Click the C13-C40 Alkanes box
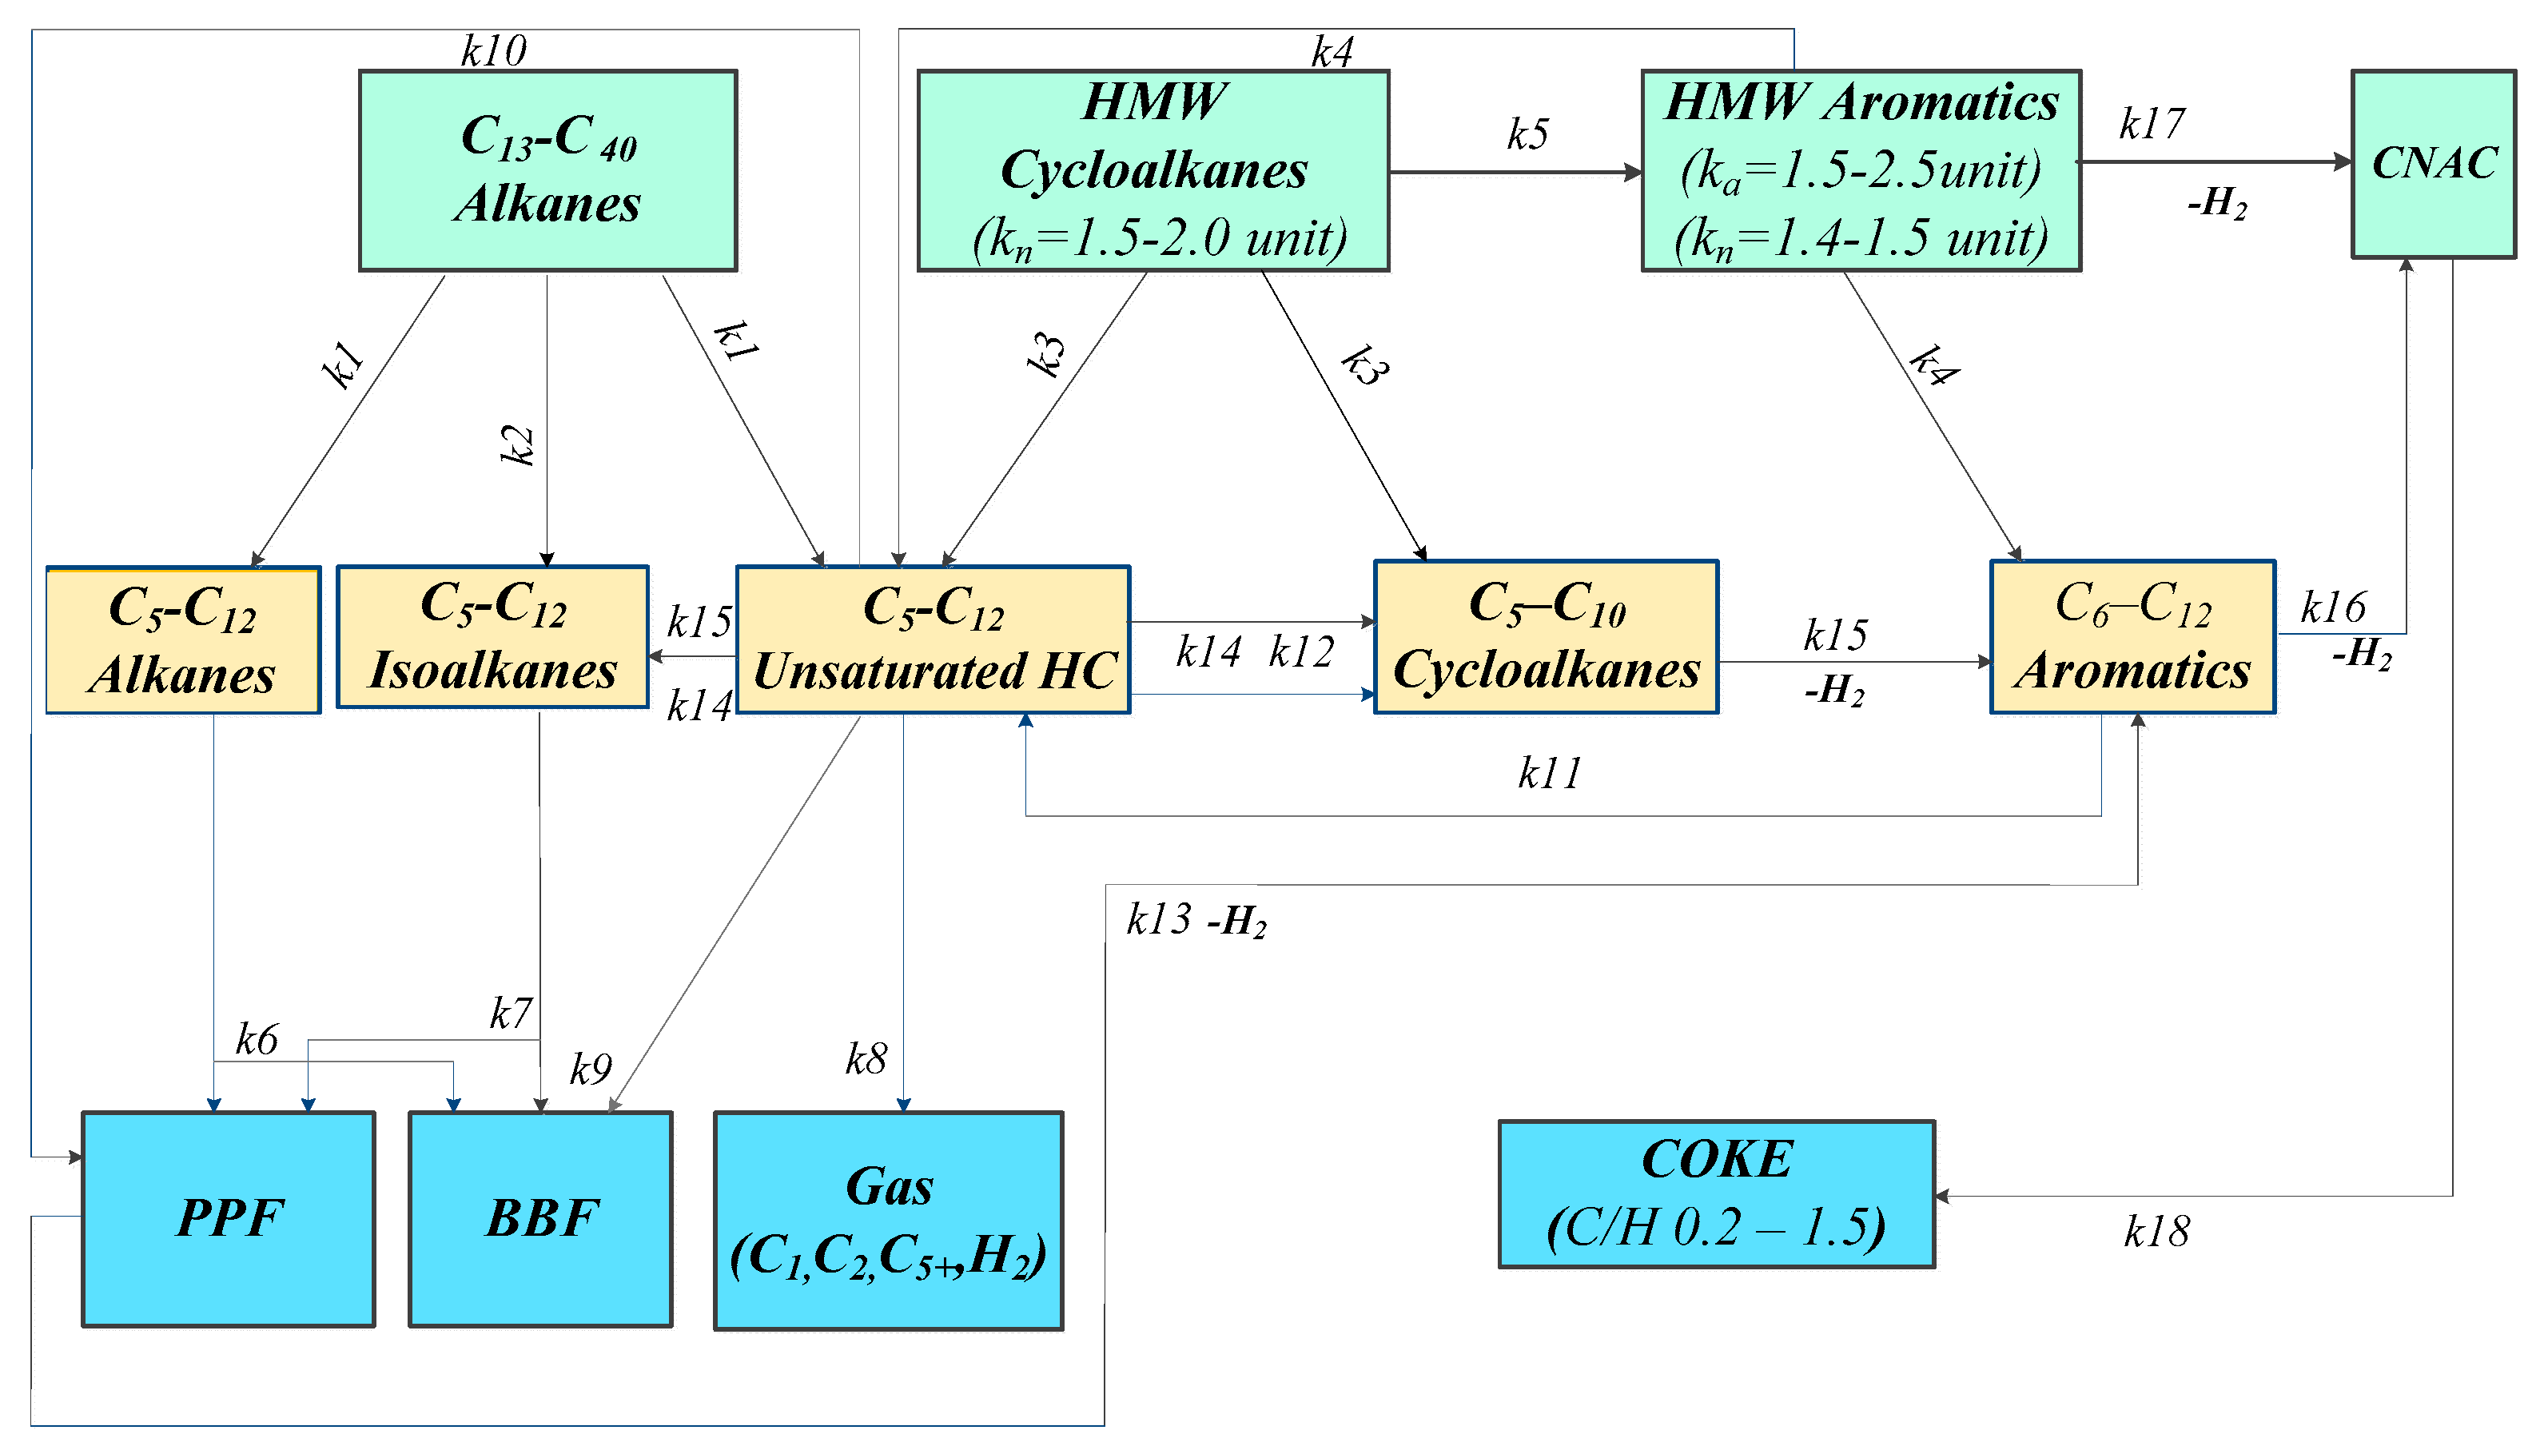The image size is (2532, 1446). [547, 169]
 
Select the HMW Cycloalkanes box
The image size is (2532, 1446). [1152, 169]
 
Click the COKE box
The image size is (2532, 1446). [1715, 1193]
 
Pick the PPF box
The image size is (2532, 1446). [229, 1217]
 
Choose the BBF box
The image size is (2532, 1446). [540, 1217]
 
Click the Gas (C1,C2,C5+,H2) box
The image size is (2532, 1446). [888, 1220]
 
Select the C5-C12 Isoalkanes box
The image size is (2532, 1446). [492, 636]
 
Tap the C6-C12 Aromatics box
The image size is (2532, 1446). [2131, 636]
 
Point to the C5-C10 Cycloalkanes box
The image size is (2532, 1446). [1545, 636]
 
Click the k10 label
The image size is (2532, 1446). [493, 50]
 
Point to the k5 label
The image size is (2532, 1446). [1526, 134]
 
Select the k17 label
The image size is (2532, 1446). [2151, 124]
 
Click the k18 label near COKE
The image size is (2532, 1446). [2156, 1232]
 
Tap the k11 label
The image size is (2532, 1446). [1549, 773]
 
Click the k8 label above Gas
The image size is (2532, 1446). [865, 1058]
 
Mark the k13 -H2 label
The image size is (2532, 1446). [1196, 920]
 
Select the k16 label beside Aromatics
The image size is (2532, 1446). [2332, 607]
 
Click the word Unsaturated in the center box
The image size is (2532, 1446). [890, 671]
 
